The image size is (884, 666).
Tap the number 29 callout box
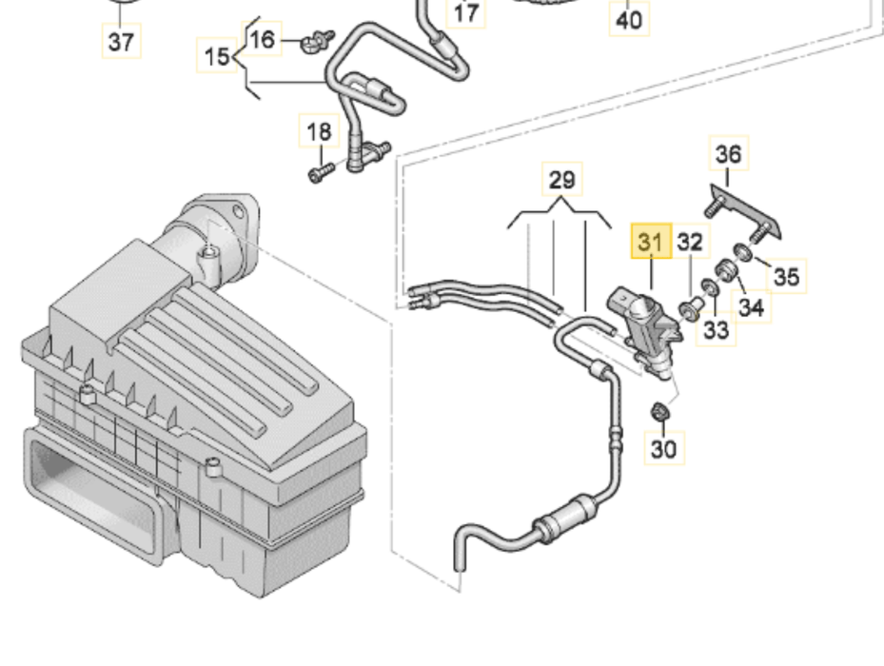561,180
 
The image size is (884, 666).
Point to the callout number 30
664,447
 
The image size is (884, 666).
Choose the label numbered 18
320,131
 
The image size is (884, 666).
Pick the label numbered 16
263,40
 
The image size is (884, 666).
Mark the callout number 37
121,41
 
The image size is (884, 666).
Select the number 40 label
629,18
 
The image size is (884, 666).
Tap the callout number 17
465,13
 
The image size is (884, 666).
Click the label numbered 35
786,276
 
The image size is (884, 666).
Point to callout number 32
690,244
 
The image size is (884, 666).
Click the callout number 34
751,306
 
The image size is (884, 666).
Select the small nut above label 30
658,412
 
